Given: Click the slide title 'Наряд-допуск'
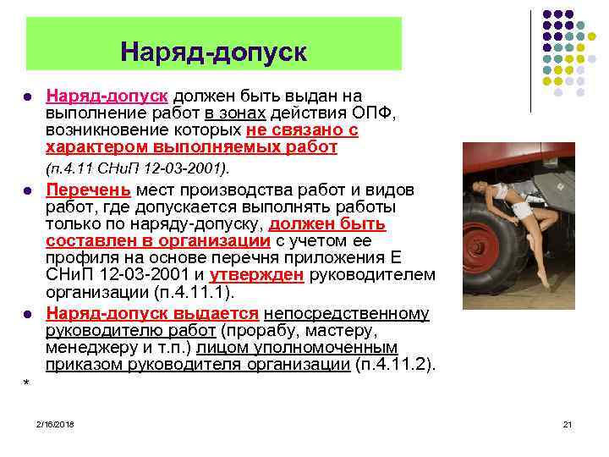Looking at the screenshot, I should click(x=213, y=52).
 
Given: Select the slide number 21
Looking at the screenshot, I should click(x=568, y=423).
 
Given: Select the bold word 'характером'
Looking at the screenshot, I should click(x=89, y=147).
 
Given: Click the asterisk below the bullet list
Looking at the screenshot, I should click(x=27, y=385).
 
